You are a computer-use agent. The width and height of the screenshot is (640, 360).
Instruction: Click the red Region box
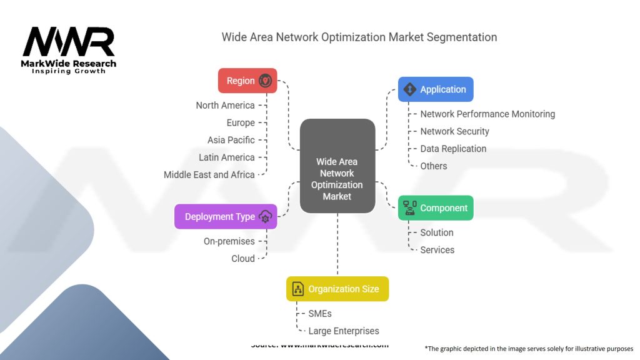pos(247,81)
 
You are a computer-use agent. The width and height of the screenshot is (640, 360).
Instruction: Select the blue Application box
pos(436,89)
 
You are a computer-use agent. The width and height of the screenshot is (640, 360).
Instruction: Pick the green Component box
pos(436,208)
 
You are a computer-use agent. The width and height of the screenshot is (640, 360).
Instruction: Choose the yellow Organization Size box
pos(337,289)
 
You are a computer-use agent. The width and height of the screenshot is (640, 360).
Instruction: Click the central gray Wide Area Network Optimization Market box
pos(337,166)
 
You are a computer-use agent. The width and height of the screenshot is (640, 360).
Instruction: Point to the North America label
pos(225,105)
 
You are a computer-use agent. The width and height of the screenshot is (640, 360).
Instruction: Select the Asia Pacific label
pos(231,140)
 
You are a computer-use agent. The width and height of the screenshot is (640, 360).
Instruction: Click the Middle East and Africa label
pos(209,174)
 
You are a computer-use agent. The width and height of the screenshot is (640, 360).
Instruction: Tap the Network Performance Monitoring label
pos(487,114)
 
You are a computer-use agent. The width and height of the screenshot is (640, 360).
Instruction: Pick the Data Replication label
pos(453,149)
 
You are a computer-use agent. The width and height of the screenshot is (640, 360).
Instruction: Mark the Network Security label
pos(454,131)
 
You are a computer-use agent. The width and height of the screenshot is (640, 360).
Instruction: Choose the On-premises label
pos(229,241)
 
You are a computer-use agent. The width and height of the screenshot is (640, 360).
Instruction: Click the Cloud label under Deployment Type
pos(242,259)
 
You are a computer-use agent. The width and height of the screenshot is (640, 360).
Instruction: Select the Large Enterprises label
pos(343,331)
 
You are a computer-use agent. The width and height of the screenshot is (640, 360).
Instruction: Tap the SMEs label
pos(320,313)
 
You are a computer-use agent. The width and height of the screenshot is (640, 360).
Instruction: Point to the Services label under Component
pos(437,250)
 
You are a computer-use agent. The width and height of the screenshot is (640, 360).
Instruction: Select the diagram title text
pos(359,37)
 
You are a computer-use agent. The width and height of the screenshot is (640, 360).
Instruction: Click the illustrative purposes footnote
pos(529,348)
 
